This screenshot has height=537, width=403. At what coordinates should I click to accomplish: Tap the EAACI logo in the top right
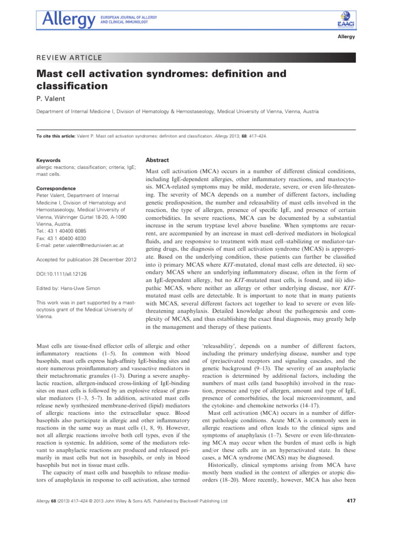[347, 20]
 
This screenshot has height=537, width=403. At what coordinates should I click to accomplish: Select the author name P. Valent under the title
[52, 98]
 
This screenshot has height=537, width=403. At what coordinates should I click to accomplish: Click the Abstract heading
[159, 160]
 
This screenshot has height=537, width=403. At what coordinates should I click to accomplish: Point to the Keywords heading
[48, 160]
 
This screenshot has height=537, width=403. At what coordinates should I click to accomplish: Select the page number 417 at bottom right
[352, 501]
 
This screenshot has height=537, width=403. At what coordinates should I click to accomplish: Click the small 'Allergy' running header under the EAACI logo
[346, 37]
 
